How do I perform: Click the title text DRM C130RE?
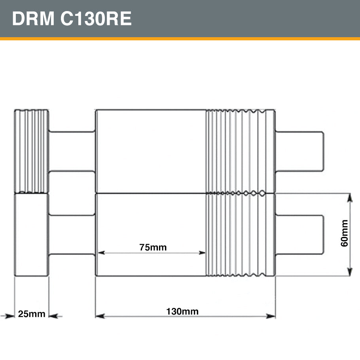tap(72, 19)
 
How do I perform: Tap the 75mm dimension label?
tap(153, 248)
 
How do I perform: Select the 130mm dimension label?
tap(182, 311)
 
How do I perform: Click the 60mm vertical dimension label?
tap(345, 233)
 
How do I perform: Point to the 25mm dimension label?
tap(32, 314)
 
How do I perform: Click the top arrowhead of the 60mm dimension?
tap(350, 197)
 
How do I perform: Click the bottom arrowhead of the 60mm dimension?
tap(350, 272)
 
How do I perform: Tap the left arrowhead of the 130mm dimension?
tap(99, 316)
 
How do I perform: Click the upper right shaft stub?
tap(299, 151)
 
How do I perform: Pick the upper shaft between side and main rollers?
tap(72, 151)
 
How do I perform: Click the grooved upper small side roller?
tap(32, 151)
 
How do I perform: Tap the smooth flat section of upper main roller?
tap(151, 151)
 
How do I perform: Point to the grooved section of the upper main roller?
tap(240, 151)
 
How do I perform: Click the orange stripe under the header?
tap(180, 39)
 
